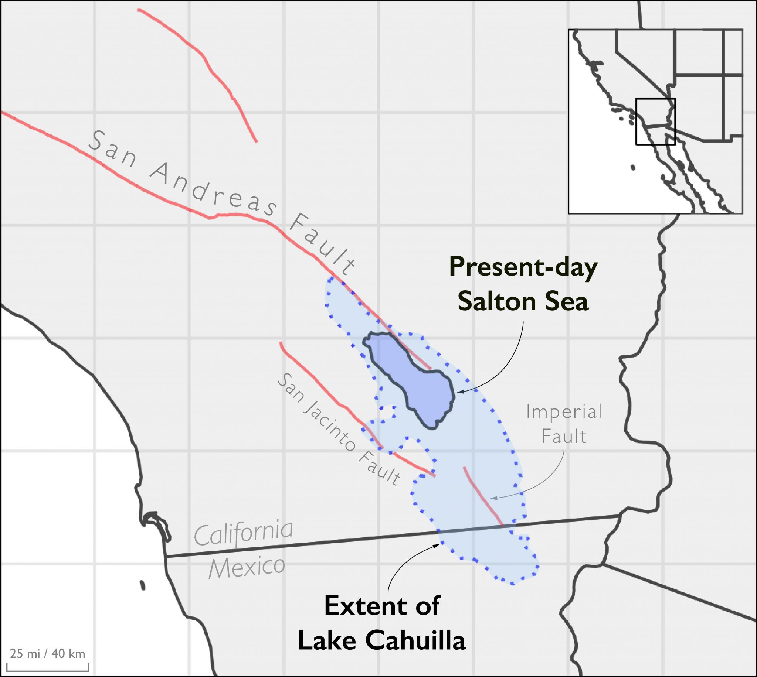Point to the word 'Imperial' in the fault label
(564, 412)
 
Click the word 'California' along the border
(243, 535)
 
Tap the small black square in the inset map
(655, 121)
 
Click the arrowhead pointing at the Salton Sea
(459, 392)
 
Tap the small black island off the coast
(142, 585)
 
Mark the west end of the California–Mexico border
(166, 557)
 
